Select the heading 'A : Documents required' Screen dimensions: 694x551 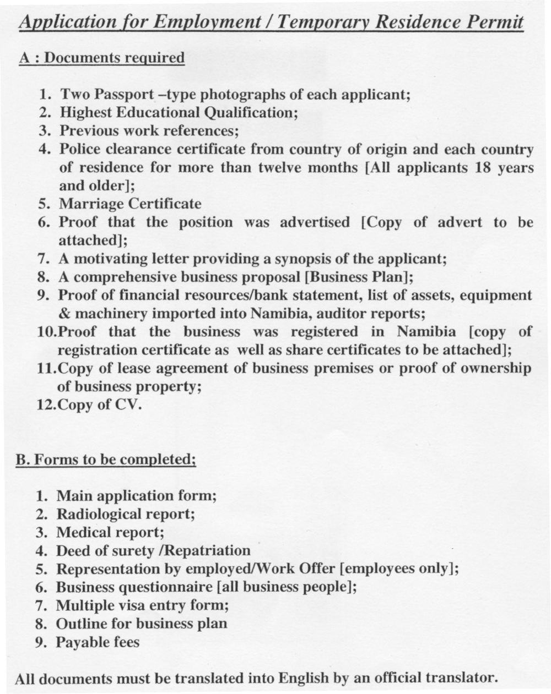point(102,58)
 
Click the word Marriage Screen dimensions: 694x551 point(91,204)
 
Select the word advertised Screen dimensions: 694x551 point(314,222)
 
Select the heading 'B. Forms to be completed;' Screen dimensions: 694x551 point(105,460)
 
